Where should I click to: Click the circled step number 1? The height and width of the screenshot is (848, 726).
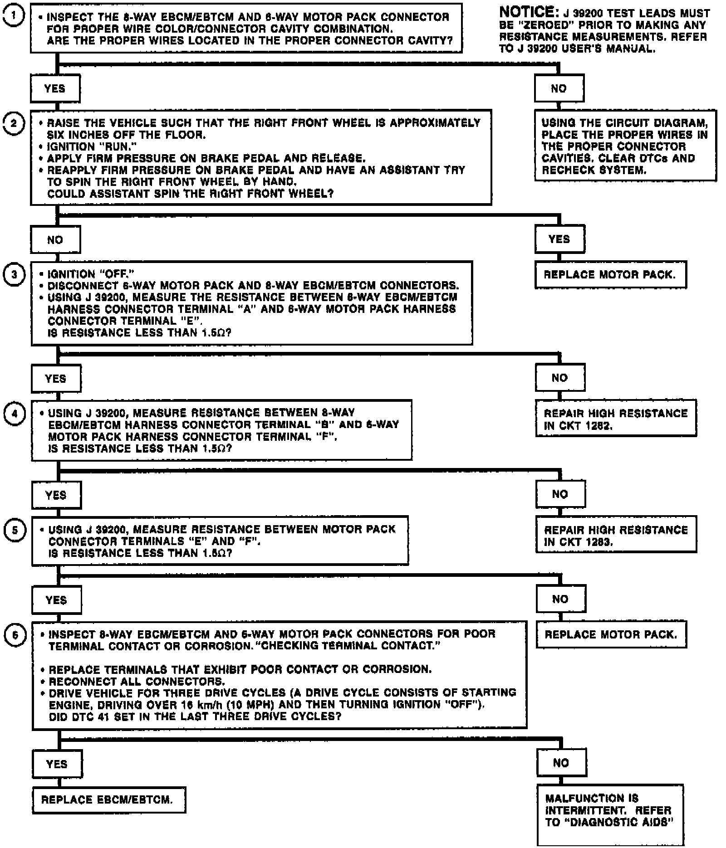(14, 16)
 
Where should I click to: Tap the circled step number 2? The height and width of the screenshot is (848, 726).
(14, 123)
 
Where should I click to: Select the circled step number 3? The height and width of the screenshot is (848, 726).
(14, 274)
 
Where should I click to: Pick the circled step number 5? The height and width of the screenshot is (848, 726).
(15, 530)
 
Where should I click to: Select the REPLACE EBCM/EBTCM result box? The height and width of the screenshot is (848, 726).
(109, 799)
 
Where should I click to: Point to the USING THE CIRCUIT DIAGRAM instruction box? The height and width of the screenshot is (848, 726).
(625, 146)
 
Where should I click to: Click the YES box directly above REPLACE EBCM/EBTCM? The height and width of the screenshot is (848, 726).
(57, 764)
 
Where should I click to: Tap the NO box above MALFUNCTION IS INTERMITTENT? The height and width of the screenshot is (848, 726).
(561, 763)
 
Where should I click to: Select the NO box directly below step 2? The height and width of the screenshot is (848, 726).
(55, 240)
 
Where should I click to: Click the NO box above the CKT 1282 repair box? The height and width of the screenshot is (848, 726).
(560, 378)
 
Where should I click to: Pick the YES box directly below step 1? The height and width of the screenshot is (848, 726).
(55, 88)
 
